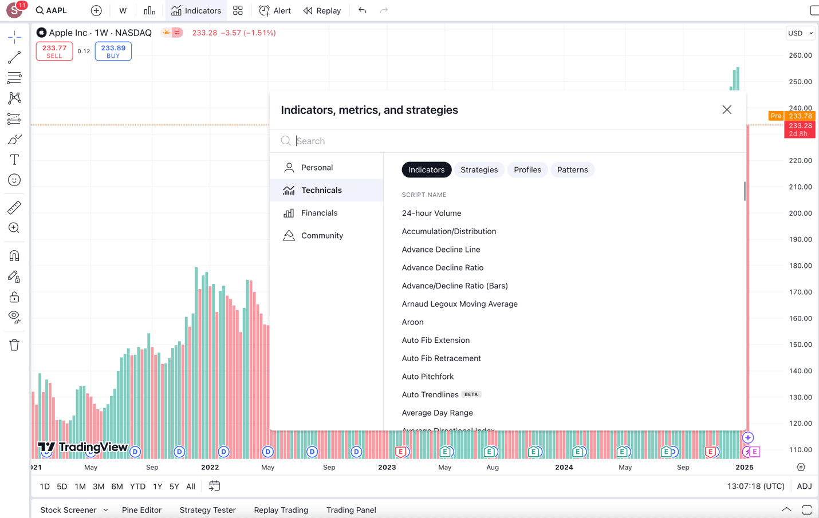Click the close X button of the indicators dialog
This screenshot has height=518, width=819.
[727, 110]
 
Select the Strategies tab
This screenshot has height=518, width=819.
[479, 170]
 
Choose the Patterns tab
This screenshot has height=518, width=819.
[572, 170]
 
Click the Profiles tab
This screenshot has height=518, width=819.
[527, 170]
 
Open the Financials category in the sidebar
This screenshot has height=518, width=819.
[319, 213]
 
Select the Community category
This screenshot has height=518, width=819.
[322, 236]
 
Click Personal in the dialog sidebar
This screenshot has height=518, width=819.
[317, 168]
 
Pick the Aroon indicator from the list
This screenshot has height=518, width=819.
[412, 322]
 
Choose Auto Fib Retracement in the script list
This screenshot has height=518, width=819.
[441, 358]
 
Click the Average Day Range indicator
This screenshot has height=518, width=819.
[437, 413]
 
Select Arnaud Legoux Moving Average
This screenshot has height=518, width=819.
[459, 304]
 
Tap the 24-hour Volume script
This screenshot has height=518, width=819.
[431, 213]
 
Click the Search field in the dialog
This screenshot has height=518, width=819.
[515, 141]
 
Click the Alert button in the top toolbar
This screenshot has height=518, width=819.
[275, 11]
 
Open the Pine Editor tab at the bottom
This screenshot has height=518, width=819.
[141, 510]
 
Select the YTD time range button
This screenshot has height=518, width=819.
[137, 487]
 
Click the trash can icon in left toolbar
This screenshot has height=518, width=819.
[14, 345]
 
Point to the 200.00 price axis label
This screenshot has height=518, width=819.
[800, 213]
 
